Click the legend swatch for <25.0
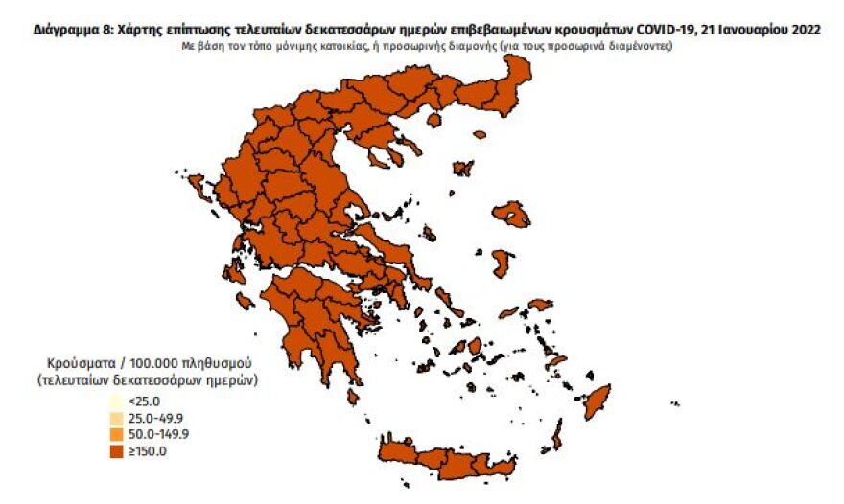click(x=115, y=401)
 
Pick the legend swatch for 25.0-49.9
click(x=115, y=418)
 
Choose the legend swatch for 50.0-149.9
click(x=115, y=434)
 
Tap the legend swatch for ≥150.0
click(x=115, y=450)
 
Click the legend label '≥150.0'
click(x=148, y=450)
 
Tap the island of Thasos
click(x=434, y=120)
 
